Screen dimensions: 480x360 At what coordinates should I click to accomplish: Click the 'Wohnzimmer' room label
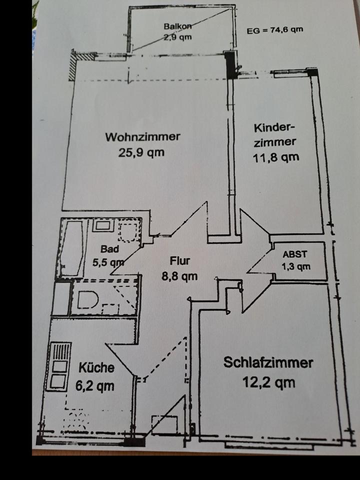[142, 136]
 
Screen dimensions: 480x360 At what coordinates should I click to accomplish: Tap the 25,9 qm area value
[141, 152]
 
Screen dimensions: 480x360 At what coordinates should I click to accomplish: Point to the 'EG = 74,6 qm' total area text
[274, 29]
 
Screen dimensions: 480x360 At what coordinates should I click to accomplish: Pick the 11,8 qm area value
[276, 157]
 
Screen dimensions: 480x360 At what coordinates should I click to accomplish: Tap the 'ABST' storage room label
[294, 254]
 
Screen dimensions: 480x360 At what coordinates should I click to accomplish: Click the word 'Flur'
[179, 260]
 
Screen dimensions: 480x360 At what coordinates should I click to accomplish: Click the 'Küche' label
[96, 368]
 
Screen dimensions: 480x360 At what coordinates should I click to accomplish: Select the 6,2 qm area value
[96, 385]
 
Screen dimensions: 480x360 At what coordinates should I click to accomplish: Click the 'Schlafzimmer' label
[268, 363]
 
